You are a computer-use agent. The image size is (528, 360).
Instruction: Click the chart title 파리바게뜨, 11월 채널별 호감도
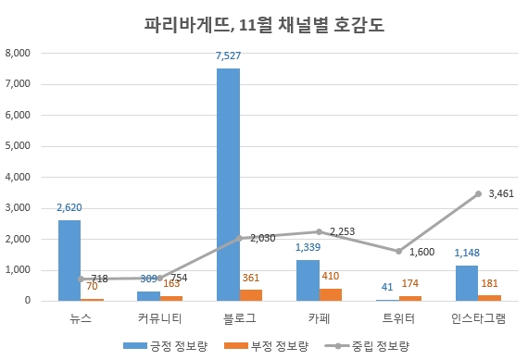pos(263,24)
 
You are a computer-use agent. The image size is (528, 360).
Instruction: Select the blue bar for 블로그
pos(228,184)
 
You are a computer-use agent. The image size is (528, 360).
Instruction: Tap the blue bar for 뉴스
pos(69,260)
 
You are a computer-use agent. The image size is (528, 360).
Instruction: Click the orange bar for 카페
pos(330,294)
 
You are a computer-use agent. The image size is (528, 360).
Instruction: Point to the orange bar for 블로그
pos(250,295)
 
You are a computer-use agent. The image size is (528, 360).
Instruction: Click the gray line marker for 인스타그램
pos(478,193)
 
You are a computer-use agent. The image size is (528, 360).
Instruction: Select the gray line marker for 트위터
pos(398,251)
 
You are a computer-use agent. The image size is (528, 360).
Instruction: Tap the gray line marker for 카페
pos(319,231)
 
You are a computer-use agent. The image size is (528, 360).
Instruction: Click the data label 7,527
pos(228,56)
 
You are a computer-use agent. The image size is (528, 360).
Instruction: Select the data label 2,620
pos(70,208)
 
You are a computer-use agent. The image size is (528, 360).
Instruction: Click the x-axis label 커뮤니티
pos(148,319)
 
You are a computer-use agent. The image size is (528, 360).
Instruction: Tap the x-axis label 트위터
pos(398,319)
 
